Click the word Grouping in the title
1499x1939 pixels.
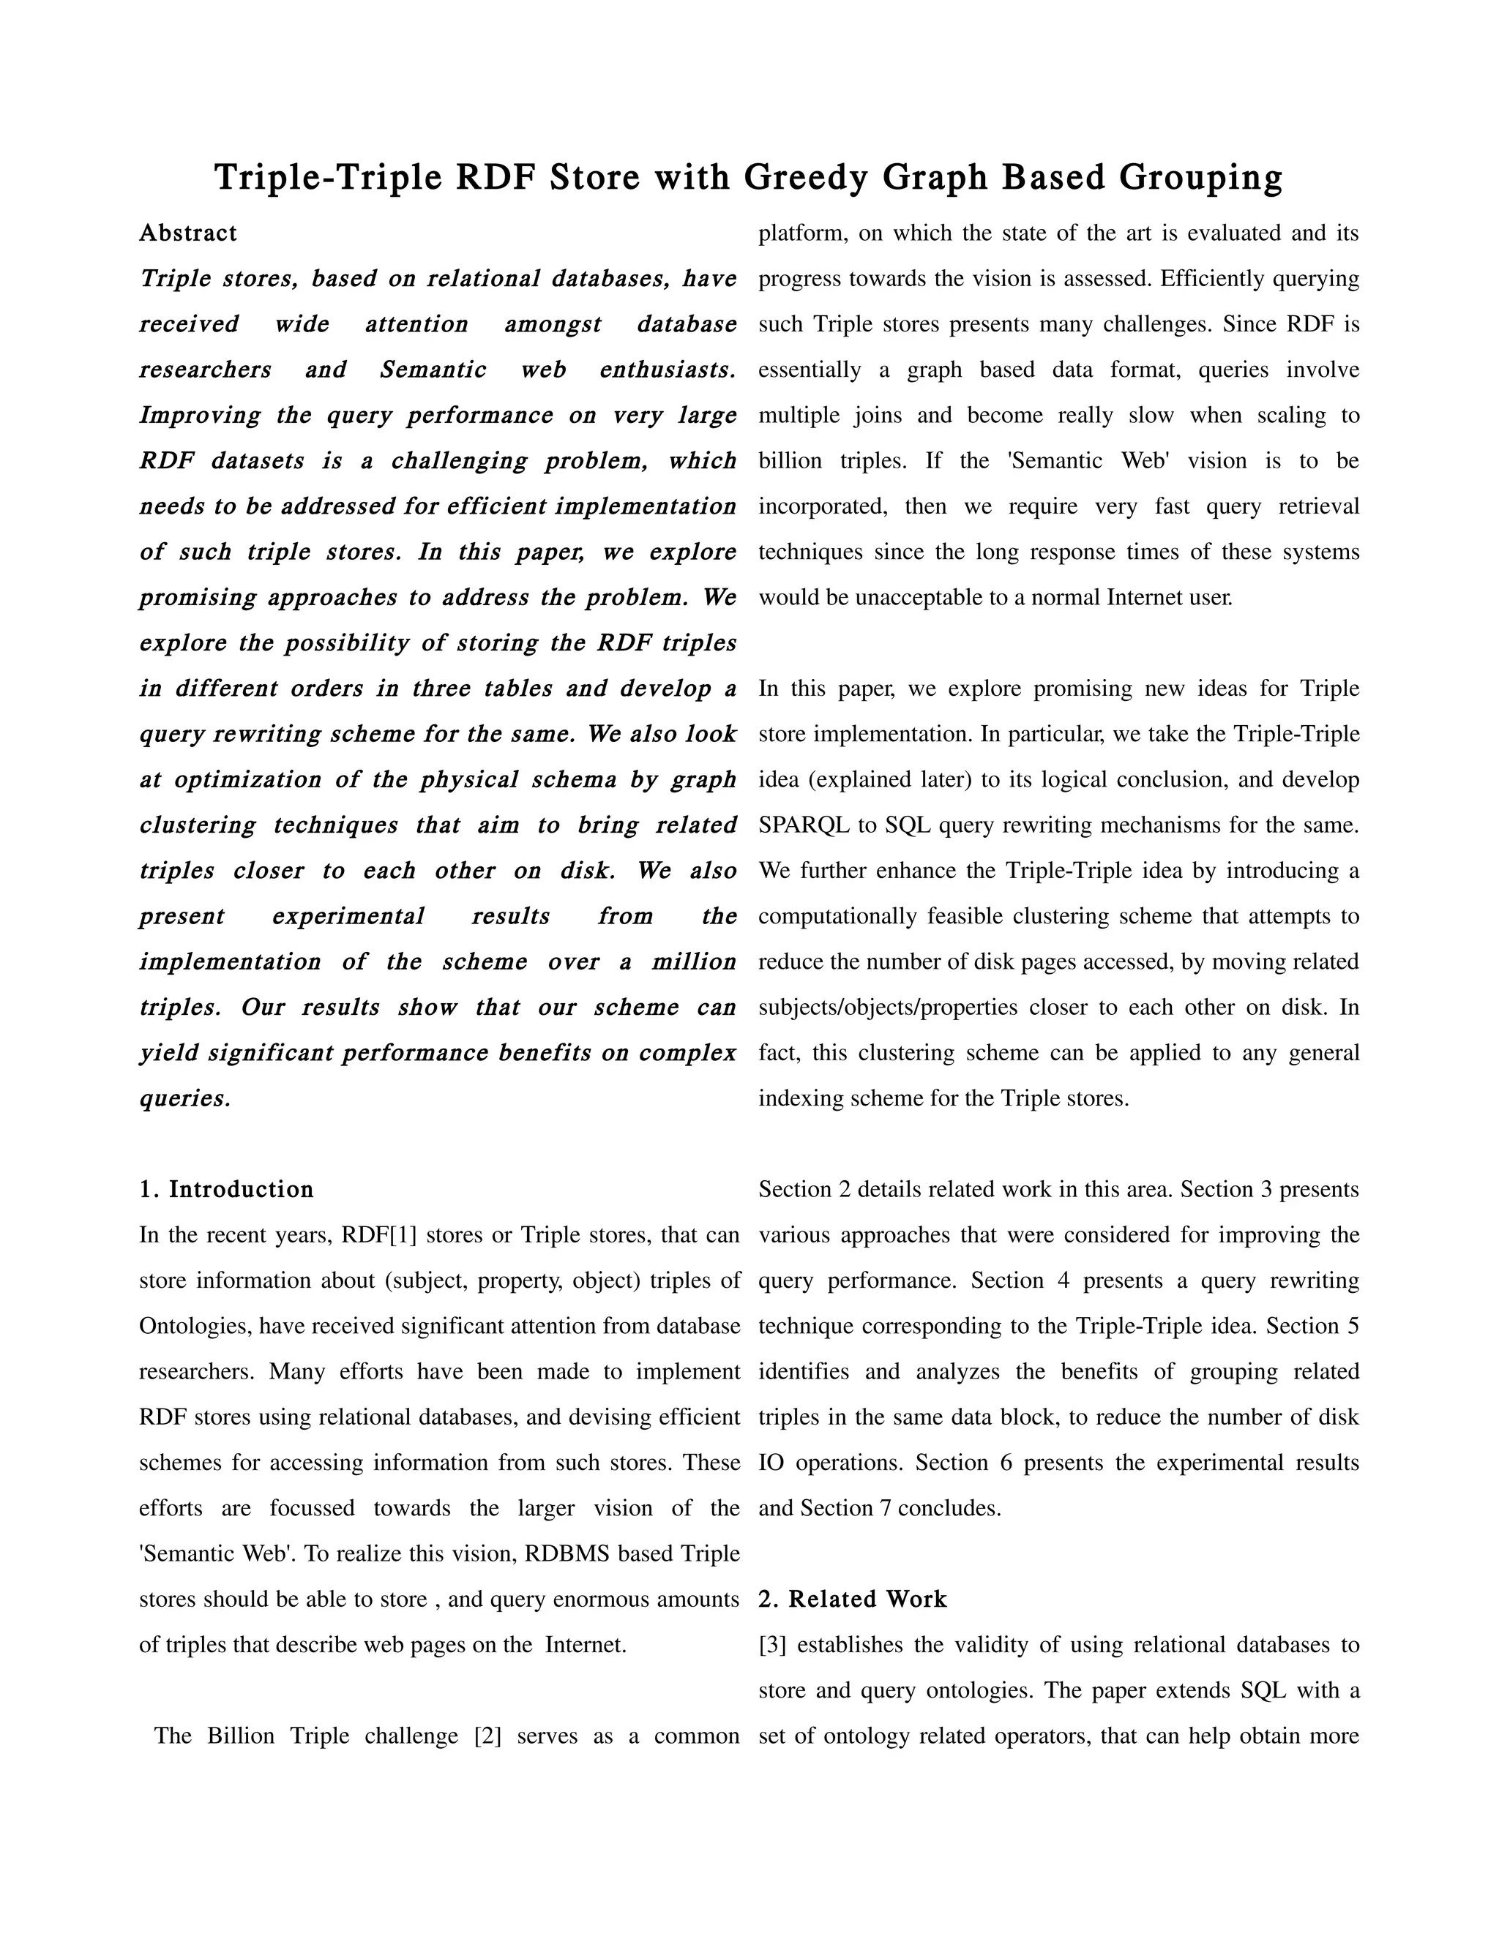[x=1200, y=178]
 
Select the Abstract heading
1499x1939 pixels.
[x=188, y=233]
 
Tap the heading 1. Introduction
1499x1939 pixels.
[x=226, y=1190]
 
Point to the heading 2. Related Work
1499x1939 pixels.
[x=853, y=1599]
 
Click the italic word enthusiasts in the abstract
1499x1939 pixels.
[x=667, y=370]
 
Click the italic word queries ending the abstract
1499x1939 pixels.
[x=184, y=1099]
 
